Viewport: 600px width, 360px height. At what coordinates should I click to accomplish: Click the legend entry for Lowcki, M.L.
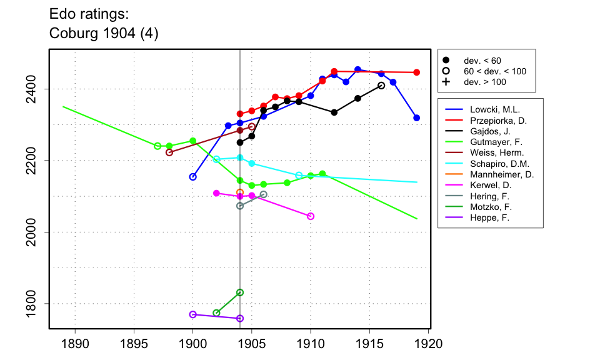[493, 109]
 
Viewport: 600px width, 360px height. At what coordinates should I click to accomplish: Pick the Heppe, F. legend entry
[490, 218]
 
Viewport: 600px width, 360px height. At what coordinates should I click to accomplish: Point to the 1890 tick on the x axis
[75, 344]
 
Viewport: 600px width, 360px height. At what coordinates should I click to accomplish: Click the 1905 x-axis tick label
[252, 344]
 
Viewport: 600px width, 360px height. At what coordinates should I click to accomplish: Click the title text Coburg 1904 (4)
[104, 34]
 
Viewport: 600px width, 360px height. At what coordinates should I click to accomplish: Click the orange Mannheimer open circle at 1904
[240, 192]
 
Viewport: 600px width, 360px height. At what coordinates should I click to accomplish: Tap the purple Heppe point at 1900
[193, 314]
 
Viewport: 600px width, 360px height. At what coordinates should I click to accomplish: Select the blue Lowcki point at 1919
[417, 117]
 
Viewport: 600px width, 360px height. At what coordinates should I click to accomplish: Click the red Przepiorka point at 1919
[417, 72]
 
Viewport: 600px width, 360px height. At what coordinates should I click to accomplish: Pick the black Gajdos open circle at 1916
[381, 86]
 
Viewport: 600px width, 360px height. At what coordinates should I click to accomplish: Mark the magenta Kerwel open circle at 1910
[311, 216]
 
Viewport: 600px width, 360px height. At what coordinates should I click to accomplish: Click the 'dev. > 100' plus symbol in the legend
[446, 82]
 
